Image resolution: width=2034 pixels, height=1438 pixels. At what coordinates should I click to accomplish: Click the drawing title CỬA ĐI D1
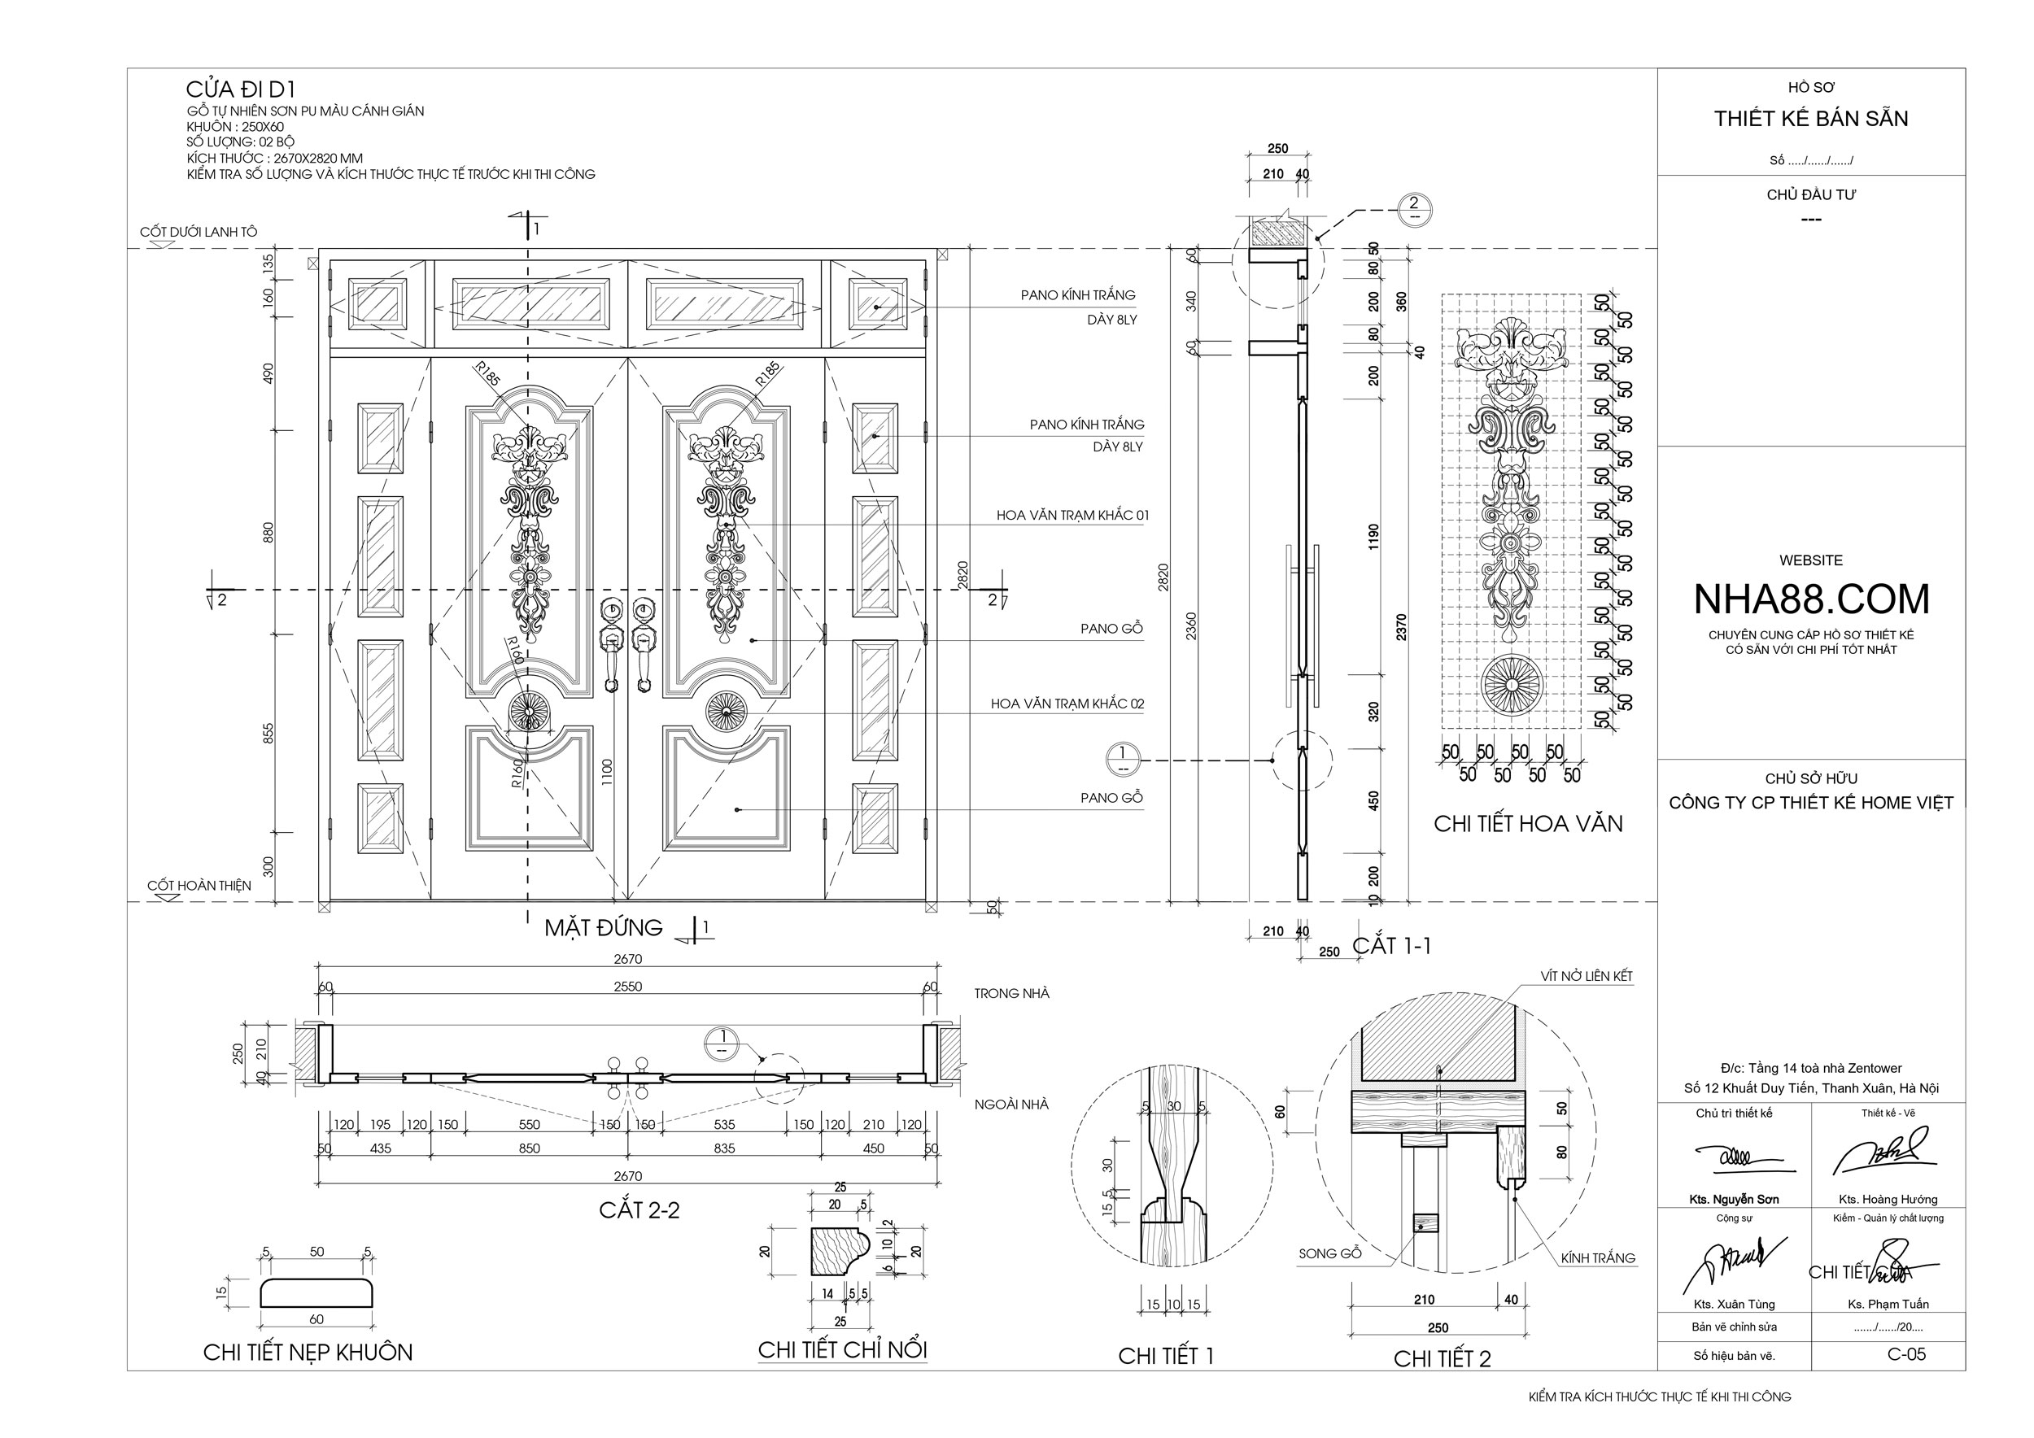[x=240, y=89]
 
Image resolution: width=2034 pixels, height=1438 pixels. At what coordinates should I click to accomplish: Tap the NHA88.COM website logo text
[x=1811, y=599]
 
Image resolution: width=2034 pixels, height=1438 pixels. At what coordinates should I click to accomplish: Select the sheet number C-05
[x=1906, y=1354]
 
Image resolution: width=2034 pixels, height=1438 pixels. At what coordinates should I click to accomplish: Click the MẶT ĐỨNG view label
[x=604, y=928]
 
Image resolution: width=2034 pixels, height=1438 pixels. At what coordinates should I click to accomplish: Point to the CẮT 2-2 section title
[x=639, y=1210]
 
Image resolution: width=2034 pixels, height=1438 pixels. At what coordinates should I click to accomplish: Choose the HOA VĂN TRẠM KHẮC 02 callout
[x=1067, y=704]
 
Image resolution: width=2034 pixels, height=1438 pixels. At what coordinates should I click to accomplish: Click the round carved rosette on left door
[x=530, y=712]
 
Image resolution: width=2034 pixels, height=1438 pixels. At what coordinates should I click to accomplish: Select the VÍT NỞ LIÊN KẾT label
[x=1586, y=976]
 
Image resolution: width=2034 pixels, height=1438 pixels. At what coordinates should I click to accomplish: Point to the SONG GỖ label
[x=1329, y=1254]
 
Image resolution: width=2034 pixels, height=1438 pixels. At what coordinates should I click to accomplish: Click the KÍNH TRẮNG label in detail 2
[x=1598, y=1258]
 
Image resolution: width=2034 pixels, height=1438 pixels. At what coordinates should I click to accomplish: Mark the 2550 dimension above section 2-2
[x=627, y=987]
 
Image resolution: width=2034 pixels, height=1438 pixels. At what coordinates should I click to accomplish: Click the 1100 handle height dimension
[x=607, y=772]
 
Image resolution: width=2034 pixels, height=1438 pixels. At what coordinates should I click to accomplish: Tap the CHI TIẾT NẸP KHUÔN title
[x=308, y=1352]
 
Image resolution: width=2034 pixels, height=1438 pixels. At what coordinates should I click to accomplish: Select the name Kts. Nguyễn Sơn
[x=1734, y=1200]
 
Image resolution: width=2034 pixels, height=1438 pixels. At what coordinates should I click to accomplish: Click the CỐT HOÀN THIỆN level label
[x=199, y=886]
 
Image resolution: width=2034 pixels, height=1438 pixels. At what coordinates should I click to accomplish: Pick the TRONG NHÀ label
[x=1011, y=993]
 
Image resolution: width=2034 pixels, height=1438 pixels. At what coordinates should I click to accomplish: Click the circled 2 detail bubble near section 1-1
[x=1414, y=208]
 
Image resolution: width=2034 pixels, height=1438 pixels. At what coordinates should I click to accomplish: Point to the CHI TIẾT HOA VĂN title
[x=1528, y=825]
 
